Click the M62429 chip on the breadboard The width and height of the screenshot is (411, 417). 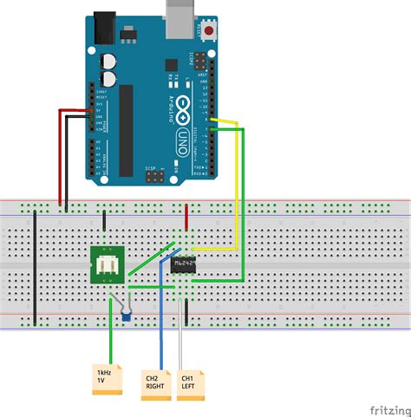183,264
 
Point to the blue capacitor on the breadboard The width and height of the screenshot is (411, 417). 127,316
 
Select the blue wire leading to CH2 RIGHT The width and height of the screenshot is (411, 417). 160,334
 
